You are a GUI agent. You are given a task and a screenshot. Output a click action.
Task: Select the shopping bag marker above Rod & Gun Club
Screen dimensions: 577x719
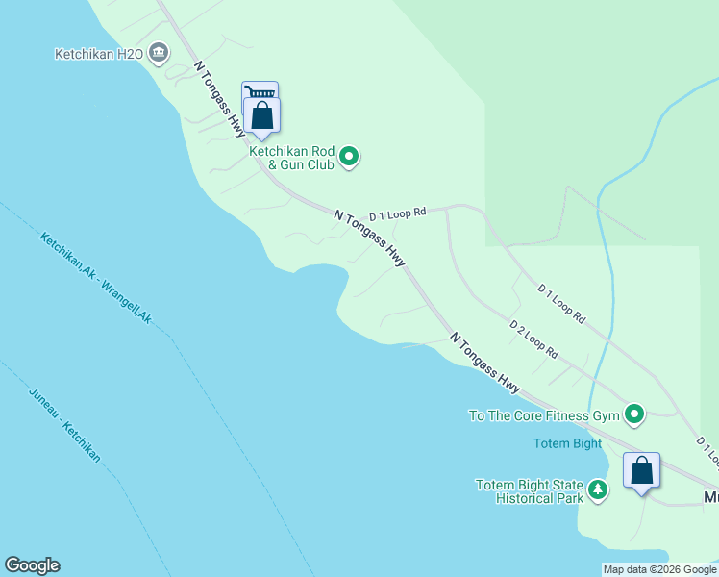[x=261, y=116]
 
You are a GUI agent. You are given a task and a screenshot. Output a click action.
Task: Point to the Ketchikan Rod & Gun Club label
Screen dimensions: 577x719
[x=291, y=158]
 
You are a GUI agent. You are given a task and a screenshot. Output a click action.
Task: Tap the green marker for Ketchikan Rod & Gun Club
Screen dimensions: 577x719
[x=350, y=156]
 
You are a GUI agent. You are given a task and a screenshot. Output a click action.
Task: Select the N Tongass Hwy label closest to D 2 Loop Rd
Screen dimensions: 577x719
[x=485, y=364]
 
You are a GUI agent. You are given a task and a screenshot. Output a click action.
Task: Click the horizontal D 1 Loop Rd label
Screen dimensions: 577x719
[x=397, y=213]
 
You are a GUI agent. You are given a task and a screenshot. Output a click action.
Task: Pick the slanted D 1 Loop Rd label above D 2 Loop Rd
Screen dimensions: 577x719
[x=561, y=302]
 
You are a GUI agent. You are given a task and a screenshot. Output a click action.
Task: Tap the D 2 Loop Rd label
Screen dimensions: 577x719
[x=533, y=339]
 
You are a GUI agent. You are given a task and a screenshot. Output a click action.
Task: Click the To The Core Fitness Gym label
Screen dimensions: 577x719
[x=543, y=415]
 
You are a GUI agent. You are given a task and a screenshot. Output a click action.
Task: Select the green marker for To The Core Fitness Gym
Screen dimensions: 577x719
[x=634, y=414]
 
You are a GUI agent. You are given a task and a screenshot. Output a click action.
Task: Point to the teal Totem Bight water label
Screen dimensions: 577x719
[x=567, y=443]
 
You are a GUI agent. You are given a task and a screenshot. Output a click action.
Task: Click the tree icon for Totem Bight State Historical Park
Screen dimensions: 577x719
[x=598, y=490]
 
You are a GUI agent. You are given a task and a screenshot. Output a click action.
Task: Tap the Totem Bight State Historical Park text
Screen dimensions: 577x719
[x=530, y=491]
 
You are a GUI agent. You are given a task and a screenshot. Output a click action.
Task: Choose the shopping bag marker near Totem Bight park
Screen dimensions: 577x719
[x=642, y=471]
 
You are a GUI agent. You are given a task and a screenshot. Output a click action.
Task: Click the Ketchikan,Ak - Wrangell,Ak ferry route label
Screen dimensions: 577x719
[x=95, y=278]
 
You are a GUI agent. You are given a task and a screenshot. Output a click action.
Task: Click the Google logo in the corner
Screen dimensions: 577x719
[x=32, y=565]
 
